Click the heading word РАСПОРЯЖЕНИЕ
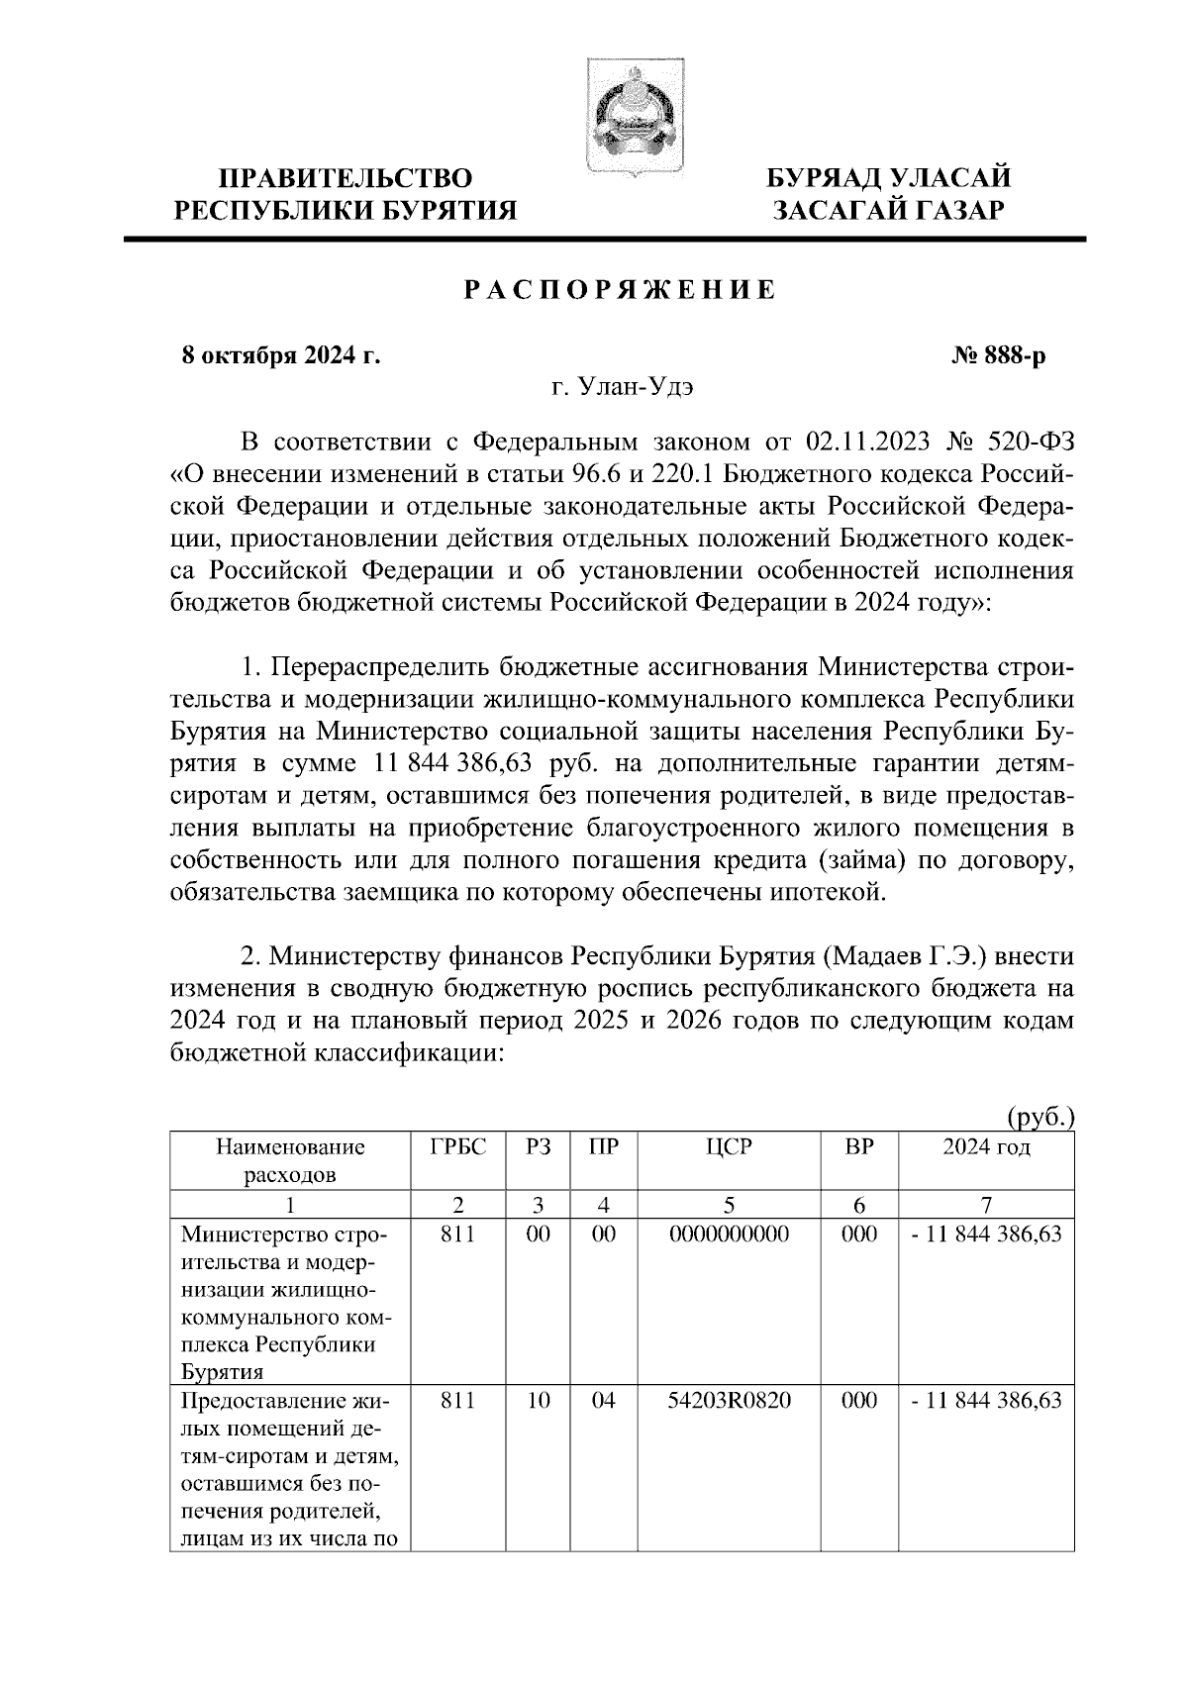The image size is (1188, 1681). [x=620, y=291]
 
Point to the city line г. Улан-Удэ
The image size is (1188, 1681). [x=622, y=387]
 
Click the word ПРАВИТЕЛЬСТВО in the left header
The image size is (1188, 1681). [x=345, y=178]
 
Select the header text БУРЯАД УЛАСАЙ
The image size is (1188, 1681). [x=892, y=178]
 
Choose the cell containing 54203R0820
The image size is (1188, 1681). [x=729, y=1401]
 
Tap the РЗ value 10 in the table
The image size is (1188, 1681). [x=538, y=1401]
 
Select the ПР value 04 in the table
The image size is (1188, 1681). [x=603, y=1401]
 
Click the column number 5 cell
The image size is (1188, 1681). [x=729, y=1205]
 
